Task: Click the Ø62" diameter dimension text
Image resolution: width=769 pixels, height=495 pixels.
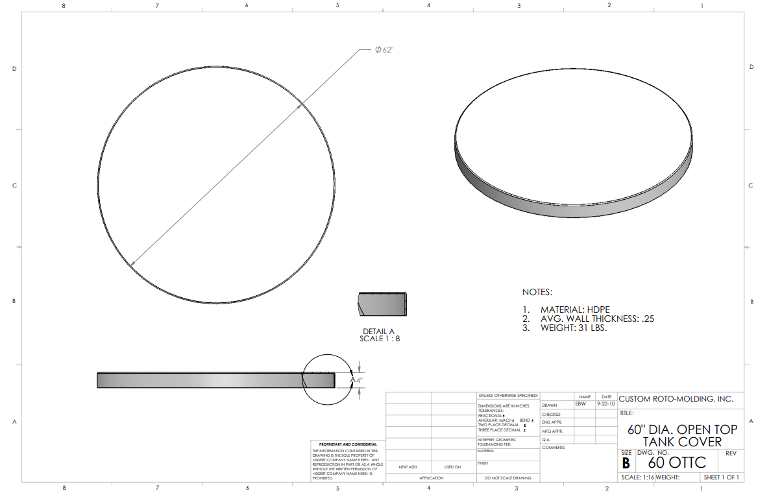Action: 384,51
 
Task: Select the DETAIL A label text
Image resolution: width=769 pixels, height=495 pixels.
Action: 378,331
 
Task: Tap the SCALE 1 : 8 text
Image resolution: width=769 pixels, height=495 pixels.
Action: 380,339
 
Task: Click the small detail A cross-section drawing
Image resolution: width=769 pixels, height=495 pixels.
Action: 383,304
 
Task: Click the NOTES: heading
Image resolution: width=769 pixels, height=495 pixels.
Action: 537,293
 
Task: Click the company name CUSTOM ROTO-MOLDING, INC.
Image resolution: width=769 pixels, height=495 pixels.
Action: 676,399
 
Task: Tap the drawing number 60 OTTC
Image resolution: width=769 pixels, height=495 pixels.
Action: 677,463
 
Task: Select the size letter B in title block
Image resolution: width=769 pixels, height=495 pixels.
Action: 626,463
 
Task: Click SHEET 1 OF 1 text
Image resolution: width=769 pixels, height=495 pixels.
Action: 722,477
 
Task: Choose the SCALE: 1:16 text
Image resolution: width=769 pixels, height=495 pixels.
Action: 637,477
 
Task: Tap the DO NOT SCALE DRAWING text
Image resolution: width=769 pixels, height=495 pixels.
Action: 507,478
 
